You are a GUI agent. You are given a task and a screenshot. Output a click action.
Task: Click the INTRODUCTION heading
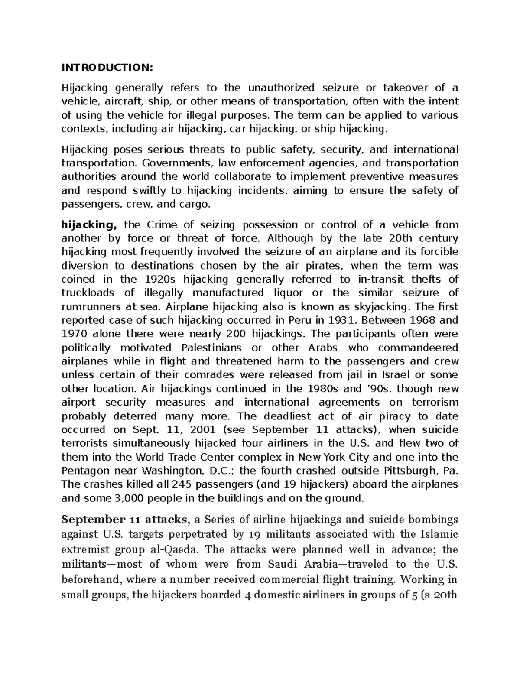pyautogui.click(x=107, y=67)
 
